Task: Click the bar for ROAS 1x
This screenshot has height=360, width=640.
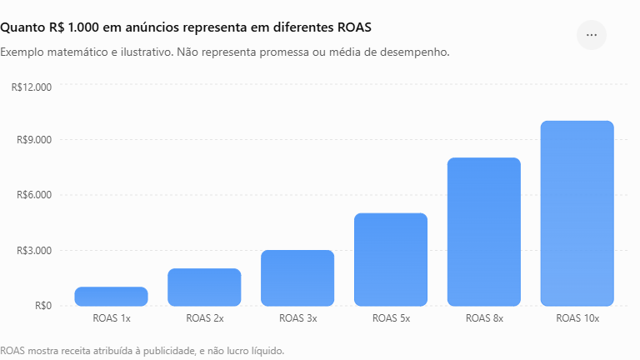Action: point(111,297)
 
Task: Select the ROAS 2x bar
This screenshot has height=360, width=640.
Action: point(204,287)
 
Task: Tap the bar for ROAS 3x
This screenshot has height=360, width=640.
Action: point(297,278)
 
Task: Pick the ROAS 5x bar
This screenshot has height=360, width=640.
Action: point(391,260)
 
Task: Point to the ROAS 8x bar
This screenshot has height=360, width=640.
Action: point(484,232)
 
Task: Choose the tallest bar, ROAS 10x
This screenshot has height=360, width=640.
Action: point(577,213)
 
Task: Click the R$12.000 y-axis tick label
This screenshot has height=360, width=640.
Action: point(32,87)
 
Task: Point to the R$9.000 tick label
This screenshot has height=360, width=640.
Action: point(34,140)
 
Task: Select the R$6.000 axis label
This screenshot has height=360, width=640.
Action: point(34,195)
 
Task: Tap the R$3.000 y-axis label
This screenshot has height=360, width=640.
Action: point(34,250)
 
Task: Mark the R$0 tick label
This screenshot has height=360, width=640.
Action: point(43,306)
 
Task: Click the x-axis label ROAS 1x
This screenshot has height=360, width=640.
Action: point(112,318)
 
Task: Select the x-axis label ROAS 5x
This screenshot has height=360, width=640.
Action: point(391,318)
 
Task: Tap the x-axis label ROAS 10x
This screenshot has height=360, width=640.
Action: point(577,318)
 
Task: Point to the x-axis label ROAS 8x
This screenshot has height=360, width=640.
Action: point(484,318)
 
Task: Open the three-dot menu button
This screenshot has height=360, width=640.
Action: point(592,35)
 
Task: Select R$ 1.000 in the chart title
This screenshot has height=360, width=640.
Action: point(74,27)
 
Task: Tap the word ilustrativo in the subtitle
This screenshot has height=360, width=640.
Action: point(145,52)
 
